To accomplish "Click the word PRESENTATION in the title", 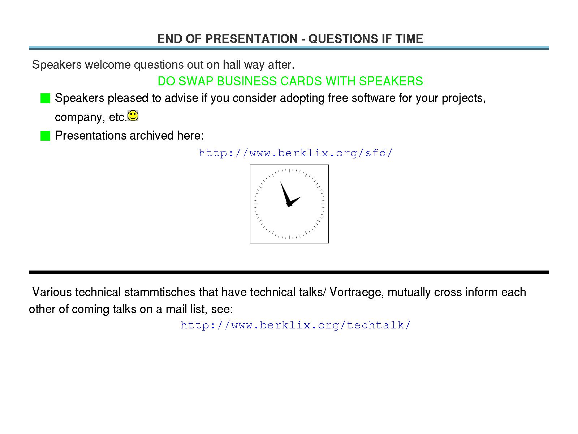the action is tap(251, 39).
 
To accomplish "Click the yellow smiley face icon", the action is tap(133, 116).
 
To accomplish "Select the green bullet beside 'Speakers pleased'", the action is tap(45, 98).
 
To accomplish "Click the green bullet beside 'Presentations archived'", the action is tap(45, 136).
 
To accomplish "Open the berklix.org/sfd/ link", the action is tap(296, 153).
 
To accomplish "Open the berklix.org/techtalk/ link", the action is tap(296, 325).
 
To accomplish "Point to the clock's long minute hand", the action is tap(285, 194).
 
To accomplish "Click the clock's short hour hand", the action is tap(294, 202).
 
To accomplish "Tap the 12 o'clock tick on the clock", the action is tap(289, 170).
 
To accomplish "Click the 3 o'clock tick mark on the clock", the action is tap(323, 204).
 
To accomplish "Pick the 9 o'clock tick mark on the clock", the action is tap(256, 204).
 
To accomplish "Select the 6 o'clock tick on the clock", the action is tap(289, 237).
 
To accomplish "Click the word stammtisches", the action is tap(160, 292).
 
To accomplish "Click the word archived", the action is tap(152, 135).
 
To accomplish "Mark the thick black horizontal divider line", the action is tap(289, 272).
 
